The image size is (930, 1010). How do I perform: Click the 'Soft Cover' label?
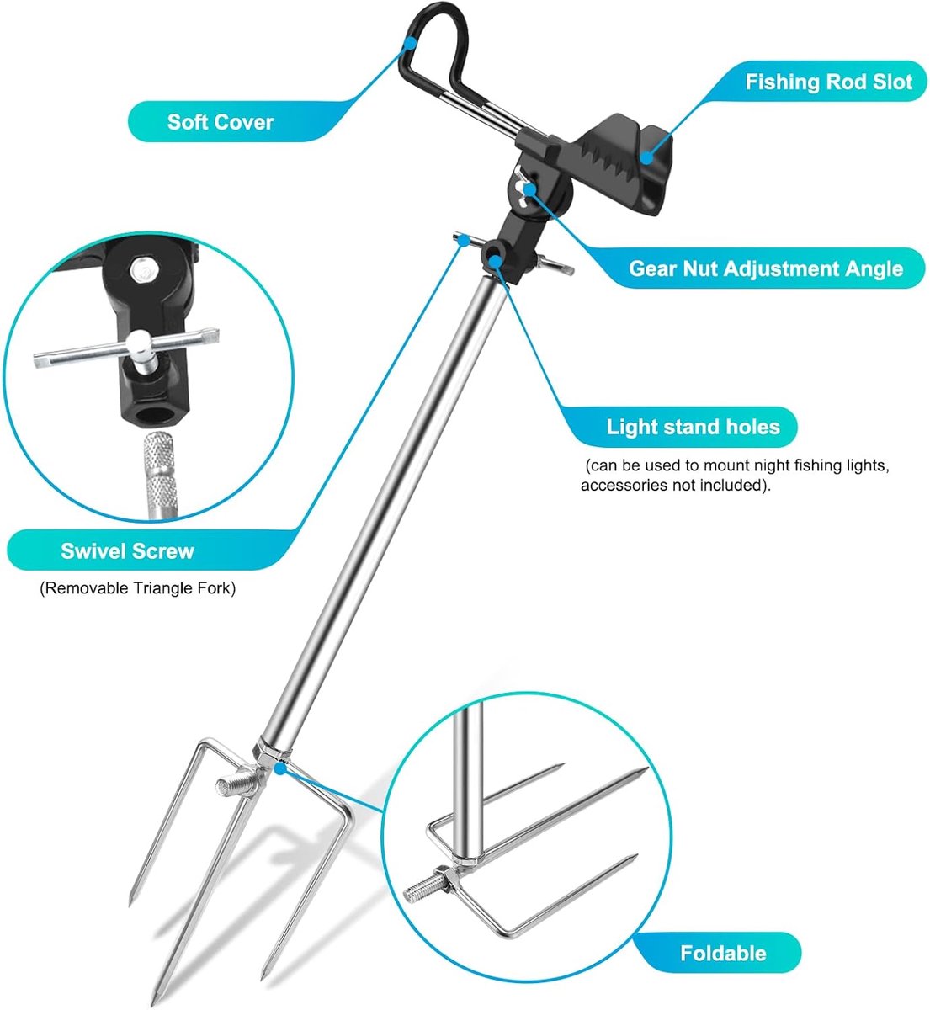pyautogui.click(x=220, y=122)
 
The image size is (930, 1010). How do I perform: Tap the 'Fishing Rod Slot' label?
pyautogui.click(x=828, y=82)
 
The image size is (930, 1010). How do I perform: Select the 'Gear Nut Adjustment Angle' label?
pyautogui.click(x=765, y=268)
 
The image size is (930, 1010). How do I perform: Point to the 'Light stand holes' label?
pyautogui.click(x=693, y=427)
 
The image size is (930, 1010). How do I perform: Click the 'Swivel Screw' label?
pyautogui.click(x=127, y=551)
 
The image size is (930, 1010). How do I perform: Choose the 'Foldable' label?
pyautogui.click(x=723, y=954)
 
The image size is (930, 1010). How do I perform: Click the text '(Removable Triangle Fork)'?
pyautogui.click(x=137, y=588)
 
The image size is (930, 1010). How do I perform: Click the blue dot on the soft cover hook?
pyautogui.click(x=411, y=43)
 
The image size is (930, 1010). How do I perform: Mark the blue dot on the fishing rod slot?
pyautogui.click(x=646, y=157)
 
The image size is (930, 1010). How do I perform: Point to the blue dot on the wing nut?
pyautogui.click(x=529, y=189)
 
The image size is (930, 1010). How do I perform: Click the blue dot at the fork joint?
pyautogui.click(x=279, y=768)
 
